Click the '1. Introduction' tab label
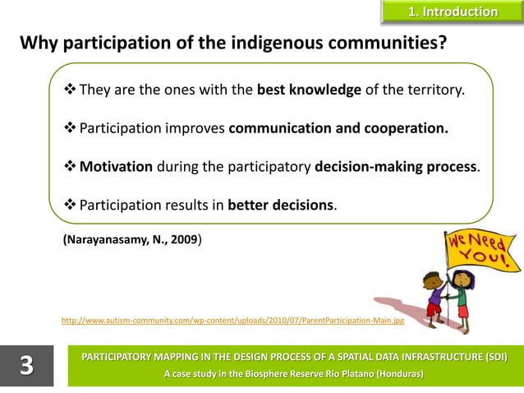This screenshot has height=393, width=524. point(453,12)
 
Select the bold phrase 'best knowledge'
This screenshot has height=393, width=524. point(309,90)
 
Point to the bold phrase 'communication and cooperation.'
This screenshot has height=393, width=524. point(338,129)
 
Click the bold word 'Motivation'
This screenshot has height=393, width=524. point(116,167)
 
